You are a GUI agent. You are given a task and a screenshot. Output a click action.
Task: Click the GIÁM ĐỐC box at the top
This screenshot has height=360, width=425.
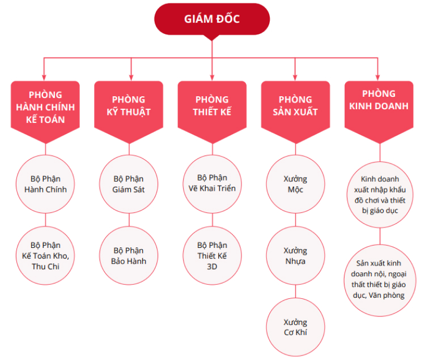click(x=212, y=19)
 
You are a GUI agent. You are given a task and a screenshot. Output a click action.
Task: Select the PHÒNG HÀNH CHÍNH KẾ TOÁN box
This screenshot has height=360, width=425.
click(x=45, y=112)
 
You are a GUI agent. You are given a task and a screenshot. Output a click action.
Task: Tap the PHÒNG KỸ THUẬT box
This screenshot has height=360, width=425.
click(x=129, y=112)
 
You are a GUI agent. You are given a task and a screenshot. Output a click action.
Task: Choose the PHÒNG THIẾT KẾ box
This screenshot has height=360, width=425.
click(x=212, y=112)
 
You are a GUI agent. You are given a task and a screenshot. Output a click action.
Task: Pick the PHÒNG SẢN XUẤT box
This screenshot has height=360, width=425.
click(x=295, y=112)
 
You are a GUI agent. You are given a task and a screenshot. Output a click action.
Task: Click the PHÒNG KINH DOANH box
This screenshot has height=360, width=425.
click(x=379, y=112)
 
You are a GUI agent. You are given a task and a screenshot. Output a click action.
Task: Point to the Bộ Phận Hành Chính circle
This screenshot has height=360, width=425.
click(x=45, y=184)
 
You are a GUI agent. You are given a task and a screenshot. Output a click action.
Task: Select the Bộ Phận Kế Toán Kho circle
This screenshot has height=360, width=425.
click(x=45, y=255)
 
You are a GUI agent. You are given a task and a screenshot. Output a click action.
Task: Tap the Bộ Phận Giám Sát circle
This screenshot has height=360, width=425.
click(x=129, y=184)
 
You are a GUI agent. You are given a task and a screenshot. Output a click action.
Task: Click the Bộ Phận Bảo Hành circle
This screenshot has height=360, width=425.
click(x=129, y=255)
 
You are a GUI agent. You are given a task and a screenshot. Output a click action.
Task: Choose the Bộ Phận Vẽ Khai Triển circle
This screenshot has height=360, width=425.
click(x=212, y=184)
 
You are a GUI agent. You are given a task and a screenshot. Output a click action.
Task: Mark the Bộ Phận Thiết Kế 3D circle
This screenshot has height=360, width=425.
click(x=212, y=255)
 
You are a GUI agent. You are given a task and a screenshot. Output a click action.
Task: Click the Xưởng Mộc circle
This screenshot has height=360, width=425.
click(x=295, y=184)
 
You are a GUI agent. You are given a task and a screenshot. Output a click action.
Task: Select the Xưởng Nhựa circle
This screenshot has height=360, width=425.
click(x=295, y=255)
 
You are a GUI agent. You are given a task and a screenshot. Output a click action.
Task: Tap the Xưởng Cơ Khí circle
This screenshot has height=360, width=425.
click(x=295, y=327)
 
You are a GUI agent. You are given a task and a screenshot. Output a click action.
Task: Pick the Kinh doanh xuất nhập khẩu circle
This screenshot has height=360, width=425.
click(x=380, y=195)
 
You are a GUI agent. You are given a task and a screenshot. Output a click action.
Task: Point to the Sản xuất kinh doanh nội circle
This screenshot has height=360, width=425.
click(x=380, y=280)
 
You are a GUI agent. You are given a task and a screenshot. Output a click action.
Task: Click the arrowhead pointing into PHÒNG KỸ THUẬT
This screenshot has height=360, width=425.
click(x=131, y=78)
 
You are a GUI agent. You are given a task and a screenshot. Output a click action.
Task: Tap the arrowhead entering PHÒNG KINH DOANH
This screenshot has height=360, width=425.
click(x=377, y=78)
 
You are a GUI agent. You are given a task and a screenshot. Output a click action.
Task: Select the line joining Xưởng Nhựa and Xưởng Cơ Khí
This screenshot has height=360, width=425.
click(x=295, y=292)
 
